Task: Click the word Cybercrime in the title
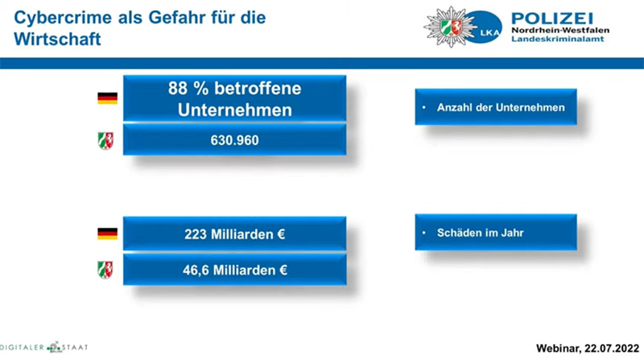(63, 18)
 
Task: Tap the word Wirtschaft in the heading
(57, 39)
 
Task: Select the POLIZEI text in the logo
(552, 19)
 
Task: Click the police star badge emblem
(450, 27)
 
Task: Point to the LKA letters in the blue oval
(489, 32)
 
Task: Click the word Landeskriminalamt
(557, 39)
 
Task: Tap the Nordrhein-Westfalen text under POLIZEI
(560, 31)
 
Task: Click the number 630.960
(234, 140)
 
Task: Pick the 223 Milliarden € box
(234, 234)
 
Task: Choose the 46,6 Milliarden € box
(234, 270)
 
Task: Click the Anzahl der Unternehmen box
(496, 107)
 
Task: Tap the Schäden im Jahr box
(496, 232)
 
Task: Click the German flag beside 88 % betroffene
(108, 98)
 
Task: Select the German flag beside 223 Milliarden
(108, 234)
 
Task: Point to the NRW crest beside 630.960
(105, 141)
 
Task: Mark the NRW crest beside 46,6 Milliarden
(105, 270)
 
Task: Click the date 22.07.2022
(612, 348)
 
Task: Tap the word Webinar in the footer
(559, 349)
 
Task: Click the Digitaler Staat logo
(44, 347)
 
